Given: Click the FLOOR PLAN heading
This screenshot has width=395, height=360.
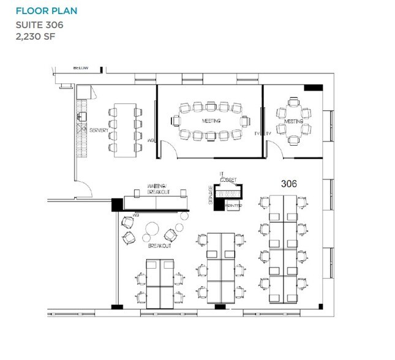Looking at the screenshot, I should pos(47,11).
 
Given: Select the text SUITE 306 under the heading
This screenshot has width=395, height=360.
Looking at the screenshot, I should pos(39,25).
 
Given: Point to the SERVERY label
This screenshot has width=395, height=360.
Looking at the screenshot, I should pos(99,130).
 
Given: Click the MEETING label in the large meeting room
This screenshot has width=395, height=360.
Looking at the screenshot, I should pos(211,121).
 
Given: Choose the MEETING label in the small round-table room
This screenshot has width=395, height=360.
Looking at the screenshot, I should pos(294,121).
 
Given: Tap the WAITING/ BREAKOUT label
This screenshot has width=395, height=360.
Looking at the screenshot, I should pos(157,189).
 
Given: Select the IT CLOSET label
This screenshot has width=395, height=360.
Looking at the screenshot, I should pos(228,176).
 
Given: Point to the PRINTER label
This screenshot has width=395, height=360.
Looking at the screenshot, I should pos(233,206).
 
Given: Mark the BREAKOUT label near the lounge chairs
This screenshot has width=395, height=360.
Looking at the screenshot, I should pos(159,246).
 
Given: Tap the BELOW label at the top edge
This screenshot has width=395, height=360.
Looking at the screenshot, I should pos(81,68).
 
